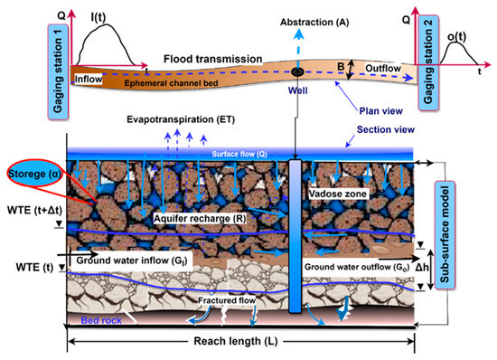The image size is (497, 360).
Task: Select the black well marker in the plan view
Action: coord(296,71)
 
